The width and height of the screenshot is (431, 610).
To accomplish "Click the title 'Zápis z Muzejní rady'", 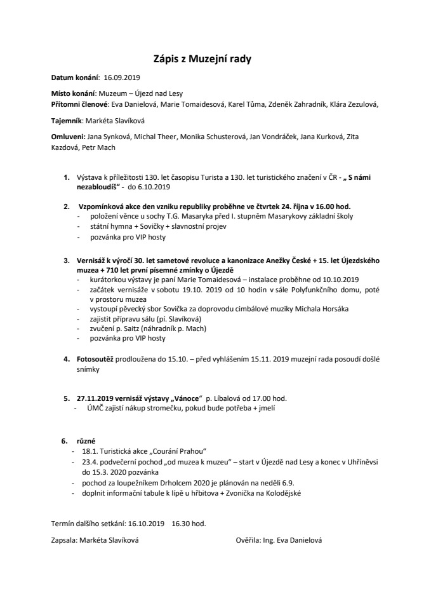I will click(203, 60).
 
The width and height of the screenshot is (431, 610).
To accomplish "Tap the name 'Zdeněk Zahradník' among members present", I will click(300, 103).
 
